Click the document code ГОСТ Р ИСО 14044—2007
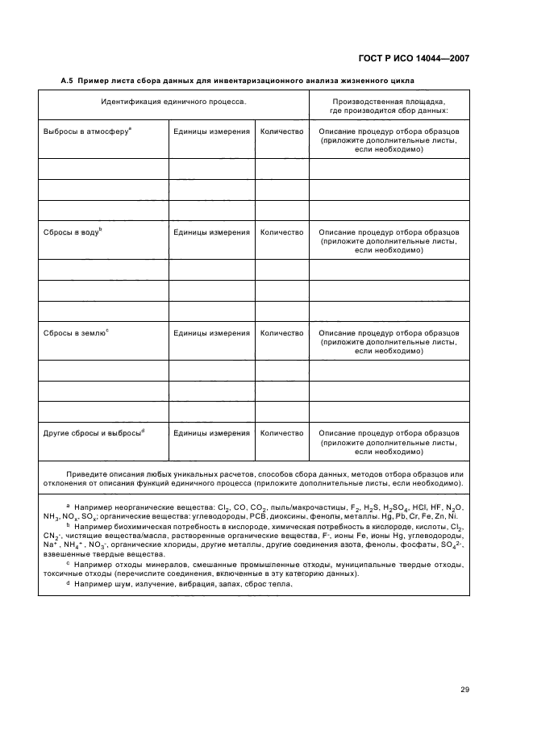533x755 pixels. [412, 59]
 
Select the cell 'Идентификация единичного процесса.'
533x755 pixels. [173, 102]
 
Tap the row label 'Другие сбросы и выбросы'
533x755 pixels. [92, 433]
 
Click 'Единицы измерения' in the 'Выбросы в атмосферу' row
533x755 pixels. [211, 130]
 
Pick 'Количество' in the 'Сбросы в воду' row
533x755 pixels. [282, 232]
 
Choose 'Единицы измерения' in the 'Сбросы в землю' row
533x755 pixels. [211, 332]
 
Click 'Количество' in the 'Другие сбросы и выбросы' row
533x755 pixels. [282, 433]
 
